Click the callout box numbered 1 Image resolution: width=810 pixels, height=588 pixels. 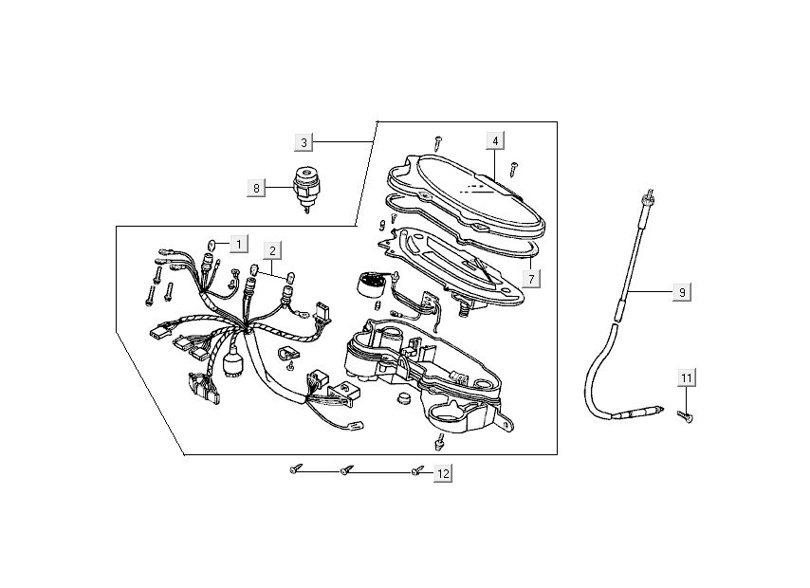click(x=238, y=245)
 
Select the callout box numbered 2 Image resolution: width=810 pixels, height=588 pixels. click(x=272, y=251)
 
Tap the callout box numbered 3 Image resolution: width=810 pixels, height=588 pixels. click(x=304, y=142)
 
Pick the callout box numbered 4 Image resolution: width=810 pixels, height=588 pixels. click(x=494, y=140)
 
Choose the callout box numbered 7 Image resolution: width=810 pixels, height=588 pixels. click(x=532, y=280)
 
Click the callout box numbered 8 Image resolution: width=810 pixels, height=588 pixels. click(x=255, y=189)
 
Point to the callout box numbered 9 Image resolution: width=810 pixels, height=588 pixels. click(x=681, y=292)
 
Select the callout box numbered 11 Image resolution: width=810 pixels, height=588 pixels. click(x=686, y=378)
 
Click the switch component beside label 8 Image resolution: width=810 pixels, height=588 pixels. click(x=307, y=187)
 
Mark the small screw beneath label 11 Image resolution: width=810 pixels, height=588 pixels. click(x=685, y=413)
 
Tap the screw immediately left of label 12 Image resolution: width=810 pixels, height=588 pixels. click(x=416, y=471)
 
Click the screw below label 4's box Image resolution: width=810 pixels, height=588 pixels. click(x=512, y=169)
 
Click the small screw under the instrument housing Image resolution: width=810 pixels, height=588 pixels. click(x=439, y=441)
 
